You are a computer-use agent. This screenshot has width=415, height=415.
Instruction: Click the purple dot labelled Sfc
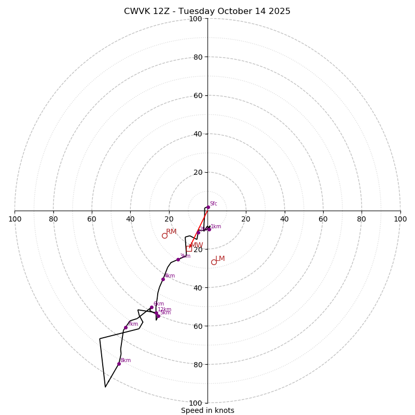[x=208, y=207]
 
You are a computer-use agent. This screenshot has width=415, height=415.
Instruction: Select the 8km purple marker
[x=119, y=364]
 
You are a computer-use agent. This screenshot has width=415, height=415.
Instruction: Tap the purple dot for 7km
[x=126, y=327]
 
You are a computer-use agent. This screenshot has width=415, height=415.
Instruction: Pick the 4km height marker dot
[x=163, y=279]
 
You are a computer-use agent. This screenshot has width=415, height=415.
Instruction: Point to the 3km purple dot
[x=178, y=259]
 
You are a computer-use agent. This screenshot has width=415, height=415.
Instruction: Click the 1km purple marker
[x=209, y=229]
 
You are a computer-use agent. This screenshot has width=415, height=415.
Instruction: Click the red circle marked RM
[x=164, y=236]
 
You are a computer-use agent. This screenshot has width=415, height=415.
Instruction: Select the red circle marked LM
[x=214, y=262]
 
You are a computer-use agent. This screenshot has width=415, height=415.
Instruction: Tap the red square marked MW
[x=189, y=248]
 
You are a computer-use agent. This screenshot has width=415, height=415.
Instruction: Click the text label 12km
[x=164, y=310]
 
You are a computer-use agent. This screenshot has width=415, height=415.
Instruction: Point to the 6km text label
[x=158, y=304]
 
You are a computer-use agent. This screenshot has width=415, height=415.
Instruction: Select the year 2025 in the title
[x=279, y=11]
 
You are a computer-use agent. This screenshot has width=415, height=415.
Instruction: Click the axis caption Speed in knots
[x=208, y=410]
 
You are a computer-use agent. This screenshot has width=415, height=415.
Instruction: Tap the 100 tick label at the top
[x=195, y=19]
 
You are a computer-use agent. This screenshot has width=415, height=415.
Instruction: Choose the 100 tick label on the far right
[x=400, y=219]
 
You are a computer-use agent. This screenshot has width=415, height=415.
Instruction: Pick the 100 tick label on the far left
[x=15, y=219]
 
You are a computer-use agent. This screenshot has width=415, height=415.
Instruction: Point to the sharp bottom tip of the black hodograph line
[x=105, y=387]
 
